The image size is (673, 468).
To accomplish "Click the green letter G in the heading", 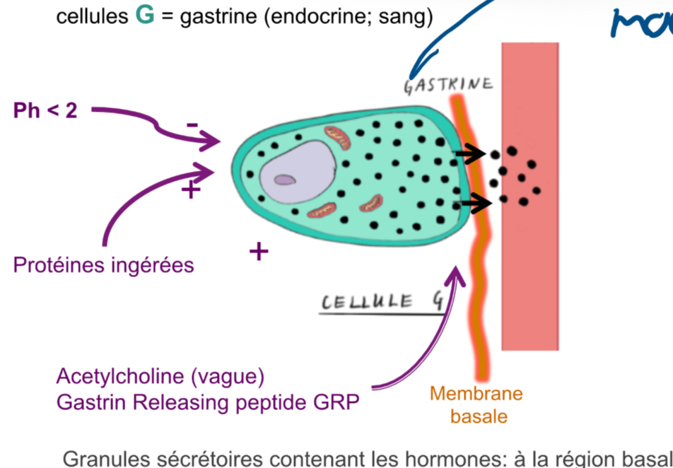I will point(145,16).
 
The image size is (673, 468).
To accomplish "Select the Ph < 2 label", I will point(45,110).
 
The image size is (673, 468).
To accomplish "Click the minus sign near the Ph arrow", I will point(192,125).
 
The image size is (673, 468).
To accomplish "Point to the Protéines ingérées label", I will point(103,265).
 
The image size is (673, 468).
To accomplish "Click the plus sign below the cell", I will point(259,250).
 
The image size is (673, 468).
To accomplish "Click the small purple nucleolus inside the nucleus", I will point(286,180).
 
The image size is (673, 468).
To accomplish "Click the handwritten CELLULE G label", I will point(382,303).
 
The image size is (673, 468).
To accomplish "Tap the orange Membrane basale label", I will point(476,404).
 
